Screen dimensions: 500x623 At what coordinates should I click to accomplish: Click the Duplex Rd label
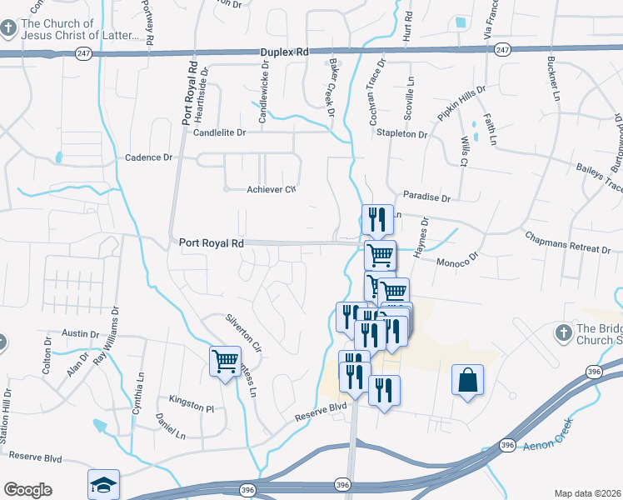pyautogui.click(x=285, y=52)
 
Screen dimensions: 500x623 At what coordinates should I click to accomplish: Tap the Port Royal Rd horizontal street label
pyautogui.click(x=211, y=243)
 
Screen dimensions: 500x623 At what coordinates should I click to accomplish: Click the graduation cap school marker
pyautogui.click(x=104, y=483)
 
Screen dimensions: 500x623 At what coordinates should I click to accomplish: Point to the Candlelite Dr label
pyautogui.click(x=220, y=132)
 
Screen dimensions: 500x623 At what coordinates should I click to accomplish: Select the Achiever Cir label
pyautogui.click(x=272, y=189)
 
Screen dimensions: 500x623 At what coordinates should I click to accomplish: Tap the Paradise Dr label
pyautogui.click(x=426, y=199)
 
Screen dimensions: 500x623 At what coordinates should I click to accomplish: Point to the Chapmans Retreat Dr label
pyautogui.click(x=568, y=242)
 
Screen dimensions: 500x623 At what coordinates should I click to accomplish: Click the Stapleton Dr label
pyautogui.click(x=401, y=133)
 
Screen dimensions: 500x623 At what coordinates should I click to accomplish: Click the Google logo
pyautogui.click(x=27, y=490)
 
